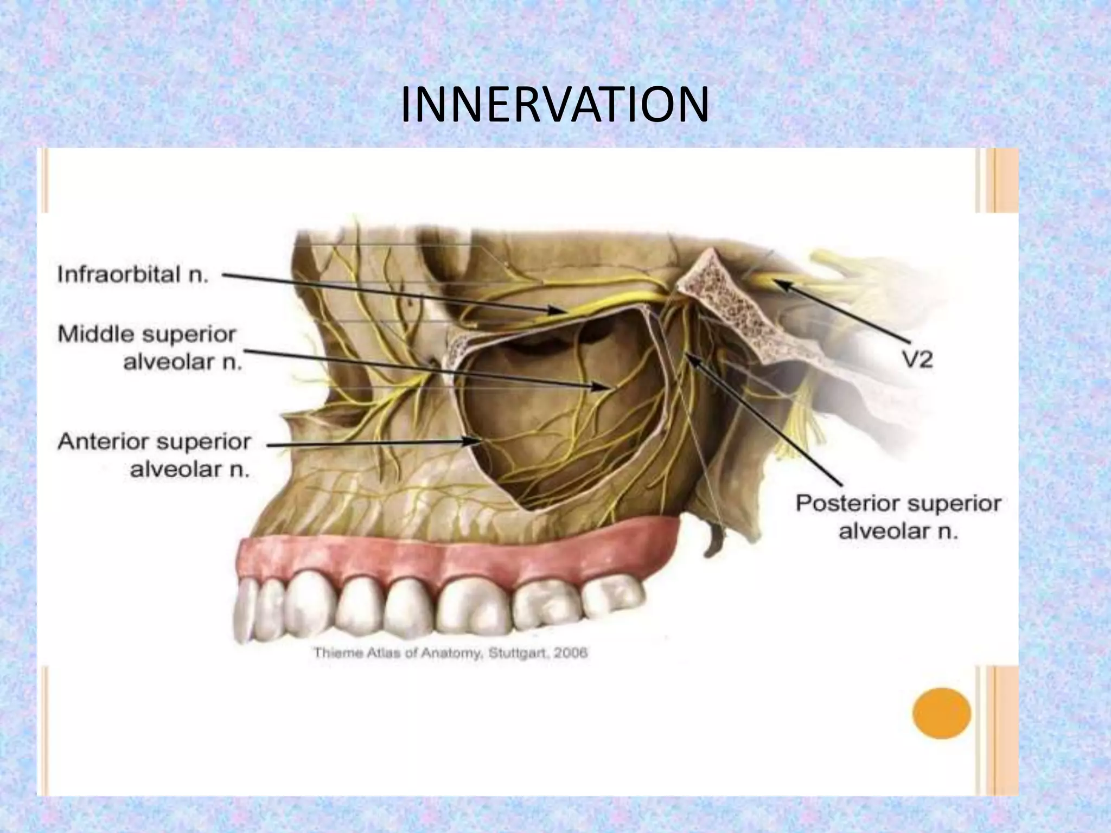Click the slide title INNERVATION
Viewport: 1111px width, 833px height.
point(554,105)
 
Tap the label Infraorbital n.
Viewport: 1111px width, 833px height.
point(133,274)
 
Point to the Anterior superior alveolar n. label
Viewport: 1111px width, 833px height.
point(155,456)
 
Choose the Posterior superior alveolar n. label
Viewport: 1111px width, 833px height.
point(898,516)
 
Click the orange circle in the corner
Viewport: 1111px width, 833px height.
point(941,713)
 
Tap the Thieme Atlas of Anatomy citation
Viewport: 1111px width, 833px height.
point(450,652)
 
